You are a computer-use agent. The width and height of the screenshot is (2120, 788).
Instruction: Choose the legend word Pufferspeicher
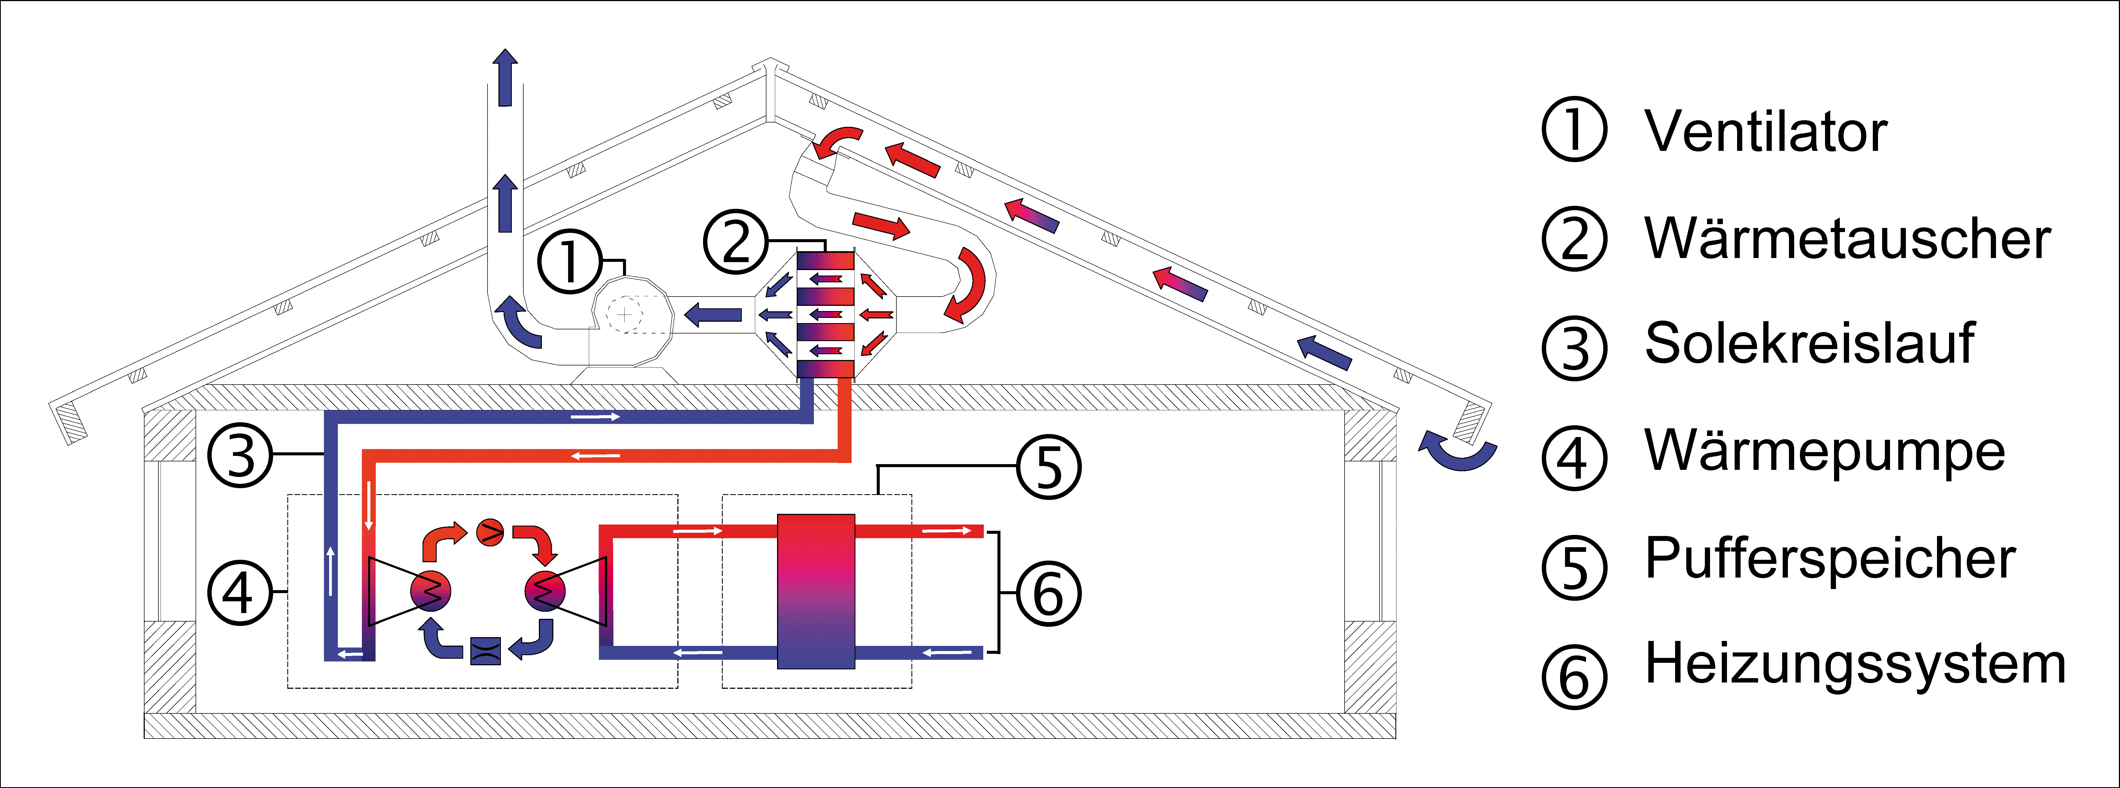click(x=1829, y=559)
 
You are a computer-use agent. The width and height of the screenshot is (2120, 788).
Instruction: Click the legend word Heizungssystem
click(x=1855, y=664)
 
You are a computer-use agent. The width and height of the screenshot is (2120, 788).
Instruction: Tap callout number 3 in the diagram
click(x=240, y=455)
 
